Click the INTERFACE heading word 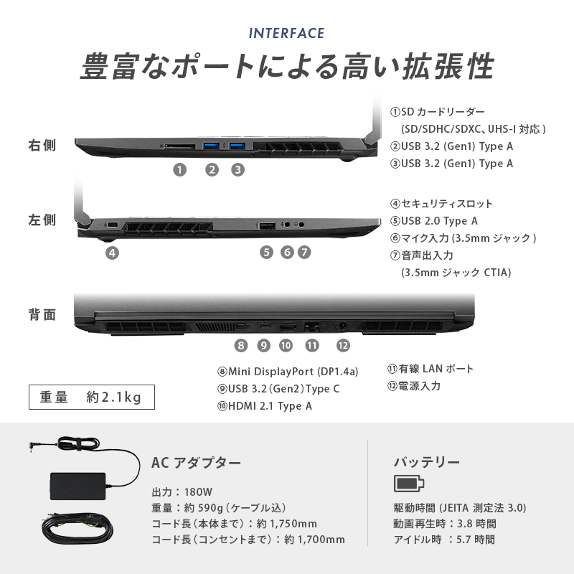coord(286,33)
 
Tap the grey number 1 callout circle coord(180,169)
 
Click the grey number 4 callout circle coord(113,253)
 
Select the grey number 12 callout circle coord(343,345)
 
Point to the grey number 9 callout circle coord(263,345)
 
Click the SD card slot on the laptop coord(179,146)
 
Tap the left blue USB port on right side coord(211,146)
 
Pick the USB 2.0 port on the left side coord(267,226)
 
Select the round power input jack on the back coord(343,326)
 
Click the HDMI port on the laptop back coord(288,326)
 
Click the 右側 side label coord(42,146)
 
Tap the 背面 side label coord(42,315)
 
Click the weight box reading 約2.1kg coord(92,397)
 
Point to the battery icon coord(409,483)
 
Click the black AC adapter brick coord(78,486)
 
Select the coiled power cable coord(77,529)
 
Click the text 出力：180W coord(182,492)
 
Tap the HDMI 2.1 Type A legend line coord(265,406)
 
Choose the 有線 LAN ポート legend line coord(430,369)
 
